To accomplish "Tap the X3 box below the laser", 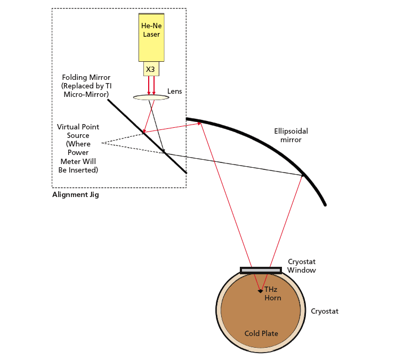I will (x=151, y=69).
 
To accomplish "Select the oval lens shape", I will (x=151, y=97).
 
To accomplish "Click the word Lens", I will (x=174, y=91).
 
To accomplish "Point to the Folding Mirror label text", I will (x=86, y=86).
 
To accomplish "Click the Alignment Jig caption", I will (x=75, y=194).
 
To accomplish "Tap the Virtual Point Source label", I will (x=78, y=149).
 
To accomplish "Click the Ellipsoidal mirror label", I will (x=291, y=135).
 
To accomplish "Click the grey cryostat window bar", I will (x=261, y=270).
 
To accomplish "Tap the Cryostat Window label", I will (x=302, y=266).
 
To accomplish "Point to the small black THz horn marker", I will (x=260, y=291).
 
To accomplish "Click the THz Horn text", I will (x=272, y=293).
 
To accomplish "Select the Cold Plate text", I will (x=261, y=333).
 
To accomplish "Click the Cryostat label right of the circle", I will (x=325, y=311).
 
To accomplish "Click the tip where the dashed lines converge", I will (x=101, y=143).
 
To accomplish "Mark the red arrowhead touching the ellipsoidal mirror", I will (x=200, y=123).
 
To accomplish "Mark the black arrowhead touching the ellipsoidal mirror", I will (x=304, y=175).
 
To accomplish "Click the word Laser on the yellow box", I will (x=151, y=35).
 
